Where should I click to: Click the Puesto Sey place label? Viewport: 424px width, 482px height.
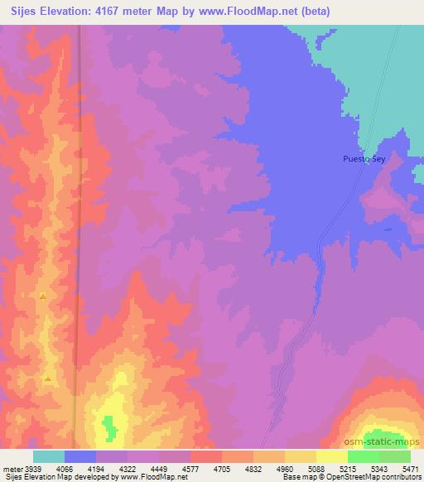(364, 157)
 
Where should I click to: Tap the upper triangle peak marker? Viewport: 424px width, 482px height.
(41, 296)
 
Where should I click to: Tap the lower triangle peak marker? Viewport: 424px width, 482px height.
(48, 379)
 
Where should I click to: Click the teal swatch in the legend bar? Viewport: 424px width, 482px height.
(49, 456)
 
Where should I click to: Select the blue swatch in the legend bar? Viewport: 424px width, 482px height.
(80, 456)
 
